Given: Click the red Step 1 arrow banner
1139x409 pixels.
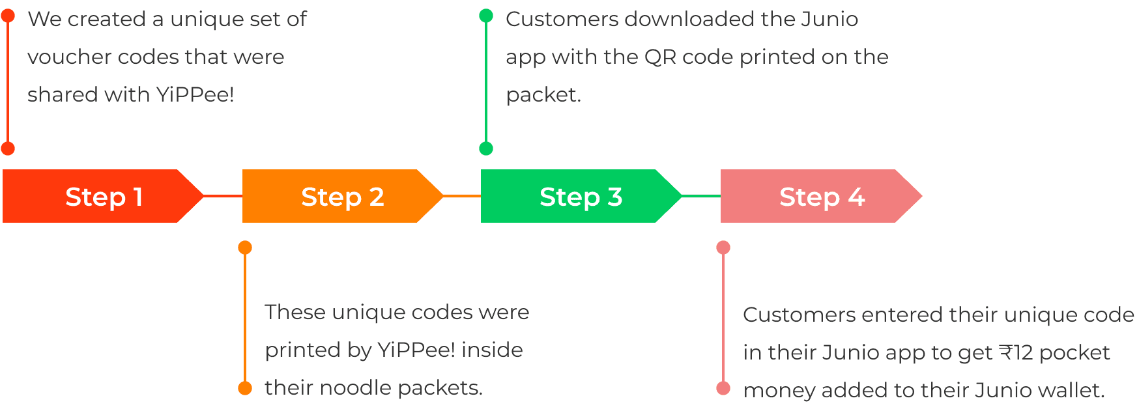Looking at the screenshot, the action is click(103, 196).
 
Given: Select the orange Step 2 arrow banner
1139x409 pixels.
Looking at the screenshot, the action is click(343, 196).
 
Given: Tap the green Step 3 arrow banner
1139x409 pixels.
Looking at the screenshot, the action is click(581, 196).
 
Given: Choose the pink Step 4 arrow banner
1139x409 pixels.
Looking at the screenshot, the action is click(821, 196).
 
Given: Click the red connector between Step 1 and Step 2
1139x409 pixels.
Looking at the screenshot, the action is click(223, 195).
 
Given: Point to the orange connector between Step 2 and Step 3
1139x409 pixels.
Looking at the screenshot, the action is click(462, 195).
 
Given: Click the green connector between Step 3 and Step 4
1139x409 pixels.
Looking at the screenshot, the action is click(701, 195).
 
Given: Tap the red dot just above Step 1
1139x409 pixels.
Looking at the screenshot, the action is click(8, 148).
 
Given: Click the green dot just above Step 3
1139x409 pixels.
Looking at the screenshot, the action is click(486, 148).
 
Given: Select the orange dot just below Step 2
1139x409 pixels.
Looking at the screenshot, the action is click(245, 247).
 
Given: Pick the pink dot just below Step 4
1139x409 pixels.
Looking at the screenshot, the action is click(723, 247).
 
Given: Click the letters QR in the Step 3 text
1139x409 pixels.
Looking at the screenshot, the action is click(660, 57).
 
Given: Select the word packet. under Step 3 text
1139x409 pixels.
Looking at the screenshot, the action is click(543, 96).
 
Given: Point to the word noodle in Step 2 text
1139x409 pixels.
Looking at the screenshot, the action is click(356, 388).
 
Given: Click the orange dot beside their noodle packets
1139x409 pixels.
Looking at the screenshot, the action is click(245, 388).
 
